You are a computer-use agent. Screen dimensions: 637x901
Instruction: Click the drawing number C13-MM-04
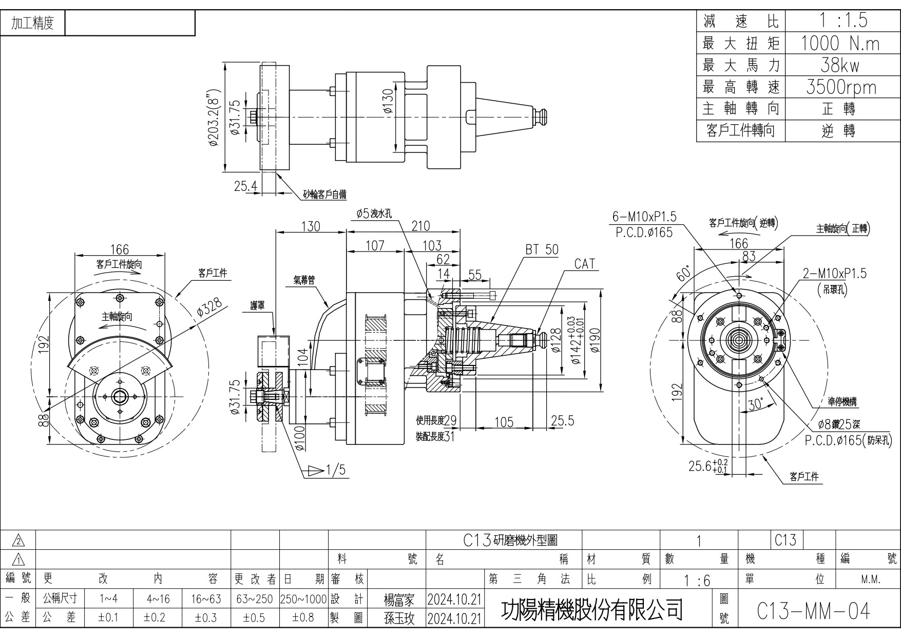[x=814, y=610]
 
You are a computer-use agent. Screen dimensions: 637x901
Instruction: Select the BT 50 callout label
[x=541, y=250]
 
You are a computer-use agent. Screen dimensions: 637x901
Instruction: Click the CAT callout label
[x=584, y=264]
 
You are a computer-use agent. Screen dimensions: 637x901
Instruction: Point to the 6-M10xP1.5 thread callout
[x=644, y=217]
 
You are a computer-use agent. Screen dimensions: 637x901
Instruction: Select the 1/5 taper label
[x=335, y=470]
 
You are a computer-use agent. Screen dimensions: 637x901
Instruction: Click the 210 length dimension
[x=420, y=226]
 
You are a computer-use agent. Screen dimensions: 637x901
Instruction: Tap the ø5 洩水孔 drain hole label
[x=374, y=214]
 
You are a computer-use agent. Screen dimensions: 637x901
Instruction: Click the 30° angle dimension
[x=755, y=404]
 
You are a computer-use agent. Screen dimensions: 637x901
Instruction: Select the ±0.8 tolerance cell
[x=303, y=617]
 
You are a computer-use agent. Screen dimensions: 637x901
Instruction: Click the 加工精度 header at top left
[x=33, y=24]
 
